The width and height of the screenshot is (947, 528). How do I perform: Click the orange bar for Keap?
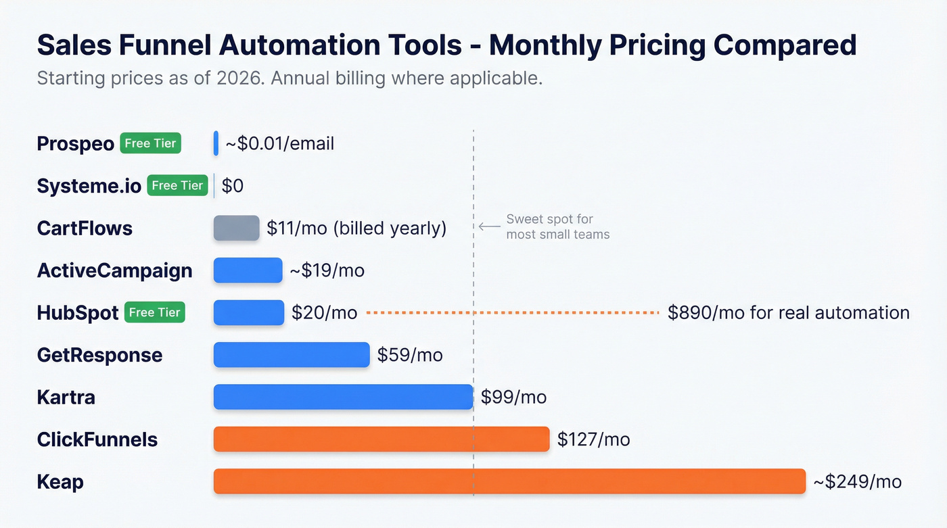[x=509, y=481]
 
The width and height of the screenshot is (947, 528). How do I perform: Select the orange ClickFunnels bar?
[x=381, y=439]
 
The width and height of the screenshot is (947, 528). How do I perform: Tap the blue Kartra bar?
[x=343, y=397]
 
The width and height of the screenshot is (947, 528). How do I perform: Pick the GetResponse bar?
[x=292, y=355]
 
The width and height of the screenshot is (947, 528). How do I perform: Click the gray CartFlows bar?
[x=236, y=228]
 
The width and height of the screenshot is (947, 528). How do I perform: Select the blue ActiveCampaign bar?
[x=248, y=270]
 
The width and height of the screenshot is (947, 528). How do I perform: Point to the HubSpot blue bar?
[x=248, y=312]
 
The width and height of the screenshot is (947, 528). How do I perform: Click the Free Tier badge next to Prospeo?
[x=150, y=143]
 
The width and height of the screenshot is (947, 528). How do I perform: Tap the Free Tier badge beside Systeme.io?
[x=177, y=185]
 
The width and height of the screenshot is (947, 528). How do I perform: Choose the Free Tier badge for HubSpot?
[x=155, y=312]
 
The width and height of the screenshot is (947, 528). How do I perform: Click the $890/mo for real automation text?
[x=788, y=312]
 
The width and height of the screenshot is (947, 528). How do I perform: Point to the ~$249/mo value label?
[x=857, y=481]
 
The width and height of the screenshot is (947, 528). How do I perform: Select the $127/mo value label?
[x=593, y=439]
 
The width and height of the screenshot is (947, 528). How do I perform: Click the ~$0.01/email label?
[x=279, y=143]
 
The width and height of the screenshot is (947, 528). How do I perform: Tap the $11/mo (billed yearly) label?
[x=356, y=228]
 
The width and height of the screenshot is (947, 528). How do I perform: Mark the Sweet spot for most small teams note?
[x=557, y=227]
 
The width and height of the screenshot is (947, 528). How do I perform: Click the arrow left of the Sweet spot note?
[x=489, y=226]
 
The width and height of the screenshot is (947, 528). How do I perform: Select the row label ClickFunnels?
[x=97, y=439]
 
